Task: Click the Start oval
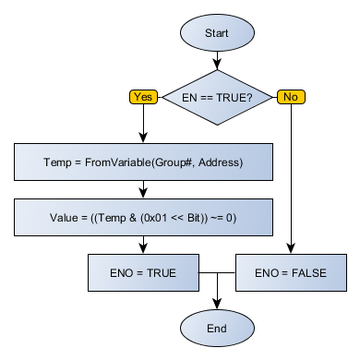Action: (216, 33)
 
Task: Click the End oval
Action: (216, 328)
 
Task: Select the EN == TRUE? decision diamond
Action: (216, 95)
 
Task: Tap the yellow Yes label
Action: (143, 96)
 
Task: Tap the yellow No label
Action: (291, 96)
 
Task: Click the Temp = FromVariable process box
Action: (143, 163)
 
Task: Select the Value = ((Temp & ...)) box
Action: (143, 219)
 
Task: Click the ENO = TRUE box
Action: (143, 273)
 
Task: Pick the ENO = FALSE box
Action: (291, 273)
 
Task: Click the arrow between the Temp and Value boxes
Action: (143, 190)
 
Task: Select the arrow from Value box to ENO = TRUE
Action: (143, 246)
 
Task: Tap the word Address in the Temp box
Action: (220, 163)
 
